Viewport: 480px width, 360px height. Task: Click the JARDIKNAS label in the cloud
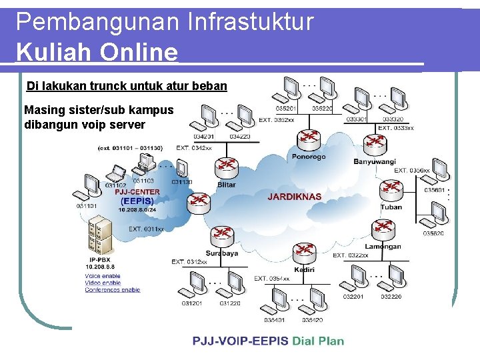(x=294, y=197)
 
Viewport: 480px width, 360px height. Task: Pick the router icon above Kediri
(x=303, y=253)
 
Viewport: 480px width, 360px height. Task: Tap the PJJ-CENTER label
(x=137, y=192)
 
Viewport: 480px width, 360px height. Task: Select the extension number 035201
(x=285, y=109)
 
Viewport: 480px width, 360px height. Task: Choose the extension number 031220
(x=230, y=303)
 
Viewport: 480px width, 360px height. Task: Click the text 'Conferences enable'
(x=112, y=290)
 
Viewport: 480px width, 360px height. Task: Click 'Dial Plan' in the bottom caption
(x=317, y=341)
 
